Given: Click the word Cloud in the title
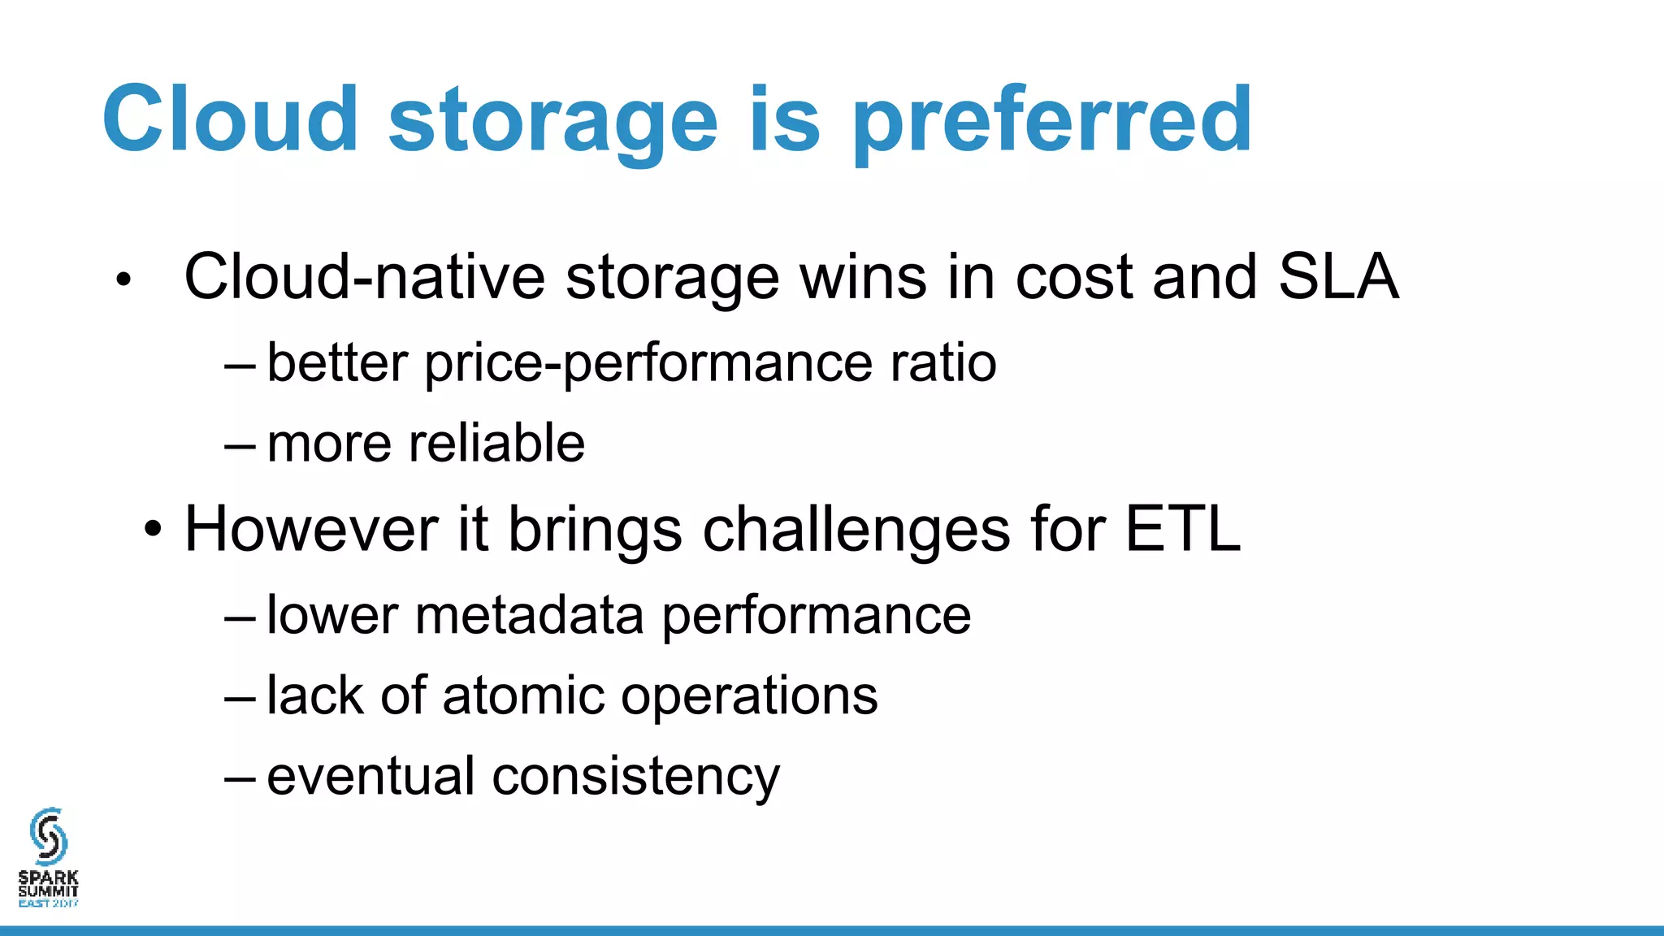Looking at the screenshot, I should pyautogui.click(x=230, y=119).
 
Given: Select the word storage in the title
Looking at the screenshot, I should pyautogui.click(x=553, y=122).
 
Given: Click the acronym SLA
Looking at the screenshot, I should pyautogui.click(x=1338, y=277).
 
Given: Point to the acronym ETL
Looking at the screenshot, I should pyautogui.click(x=1183, y=530).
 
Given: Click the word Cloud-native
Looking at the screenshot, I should pyautogui.click(x=364, y=277).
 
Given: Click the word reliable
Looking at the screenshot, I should pyautogui.click(x=496, y=444).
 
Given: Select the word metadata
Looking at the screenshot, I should pyautogui.click(x=529, y=615).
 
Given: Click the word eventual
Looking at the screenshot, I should pyautogui.click(x=370, y=777).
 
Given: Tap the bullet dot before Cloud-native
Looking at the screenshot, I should pyautogui.click(x=123, y=280).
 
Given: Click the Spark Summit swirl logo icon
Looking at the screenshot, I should pyautogui.click(x=48, y=835).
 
